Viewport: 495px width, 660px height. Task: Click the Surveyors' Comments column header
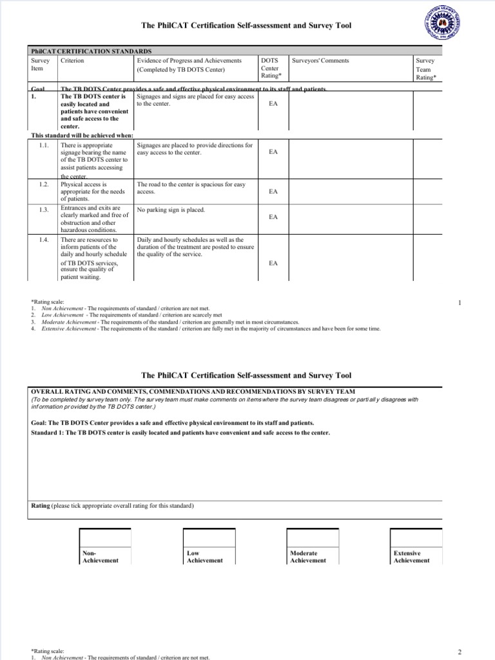click(x=320, y=61)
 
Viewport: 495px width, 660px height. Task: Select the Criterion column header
click(x=72, y=61)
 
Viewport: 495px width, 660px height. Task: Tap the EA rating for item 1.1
click(x=273, y=152)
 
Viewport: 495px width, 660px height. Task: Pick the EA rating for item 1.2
click(x=273, y=191)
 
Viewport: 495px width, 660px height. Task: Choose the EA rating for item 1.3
click(x=273, y=217)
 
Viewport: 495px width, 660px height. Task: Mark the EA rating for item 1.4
click(x=273, y=263)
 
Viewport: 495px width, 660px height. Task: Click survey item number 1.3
click(x=44, y=210)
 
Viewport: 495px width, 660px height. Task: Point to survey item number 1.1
click(x=44, y=146)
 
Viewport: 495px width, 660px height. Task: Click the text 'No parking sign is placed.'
click(x=171, y=210)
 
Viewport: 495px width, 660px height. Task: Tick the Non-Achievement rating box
click(x=104, y=538)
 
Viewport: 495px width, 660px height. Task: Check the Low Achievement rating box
click(x=209, y=538)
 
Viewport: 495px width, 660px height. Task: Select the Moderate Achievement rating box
click(x=313, y=538)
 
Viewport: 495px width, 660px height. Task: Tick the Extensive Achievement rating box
click(x=416, y=538)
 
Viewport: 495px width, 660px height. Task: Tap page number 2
click(x=460, y=652)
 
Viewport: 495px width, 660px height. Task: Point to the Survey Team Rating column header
click(x=425, y=68)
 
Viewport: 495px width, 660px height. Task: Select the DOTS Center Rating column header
click(x=271, y=68)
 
